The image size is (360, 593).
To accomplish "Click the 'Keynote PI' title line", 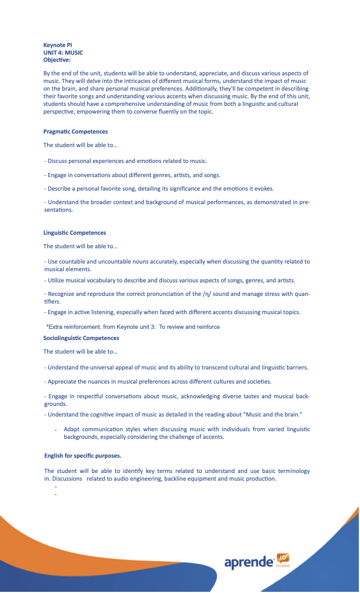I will pos(58,45).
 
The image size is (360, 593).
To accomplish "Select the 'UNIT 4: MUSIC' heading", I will pos(63,52).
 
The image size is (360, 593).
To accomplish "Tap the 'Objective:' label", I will pos(57,59).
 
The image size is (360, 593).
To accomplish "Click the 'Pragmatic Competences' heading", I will pos(75,132).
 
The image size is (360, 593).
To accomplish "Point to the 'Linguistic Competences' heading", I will pos(75,233).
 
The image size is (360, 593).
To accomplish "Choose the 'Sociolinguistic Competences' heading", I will pos(81,338).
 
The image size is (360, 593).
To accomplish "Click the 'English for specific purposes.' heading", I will pos(83,456).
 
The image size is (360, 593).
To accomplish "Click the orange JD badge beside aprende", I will pos(282,558).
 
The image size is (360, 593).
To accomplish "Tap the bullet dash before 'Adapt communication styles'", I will pos(55,431).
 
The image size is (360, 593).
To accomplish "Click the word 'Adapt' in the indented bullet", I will pos(72,429).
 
